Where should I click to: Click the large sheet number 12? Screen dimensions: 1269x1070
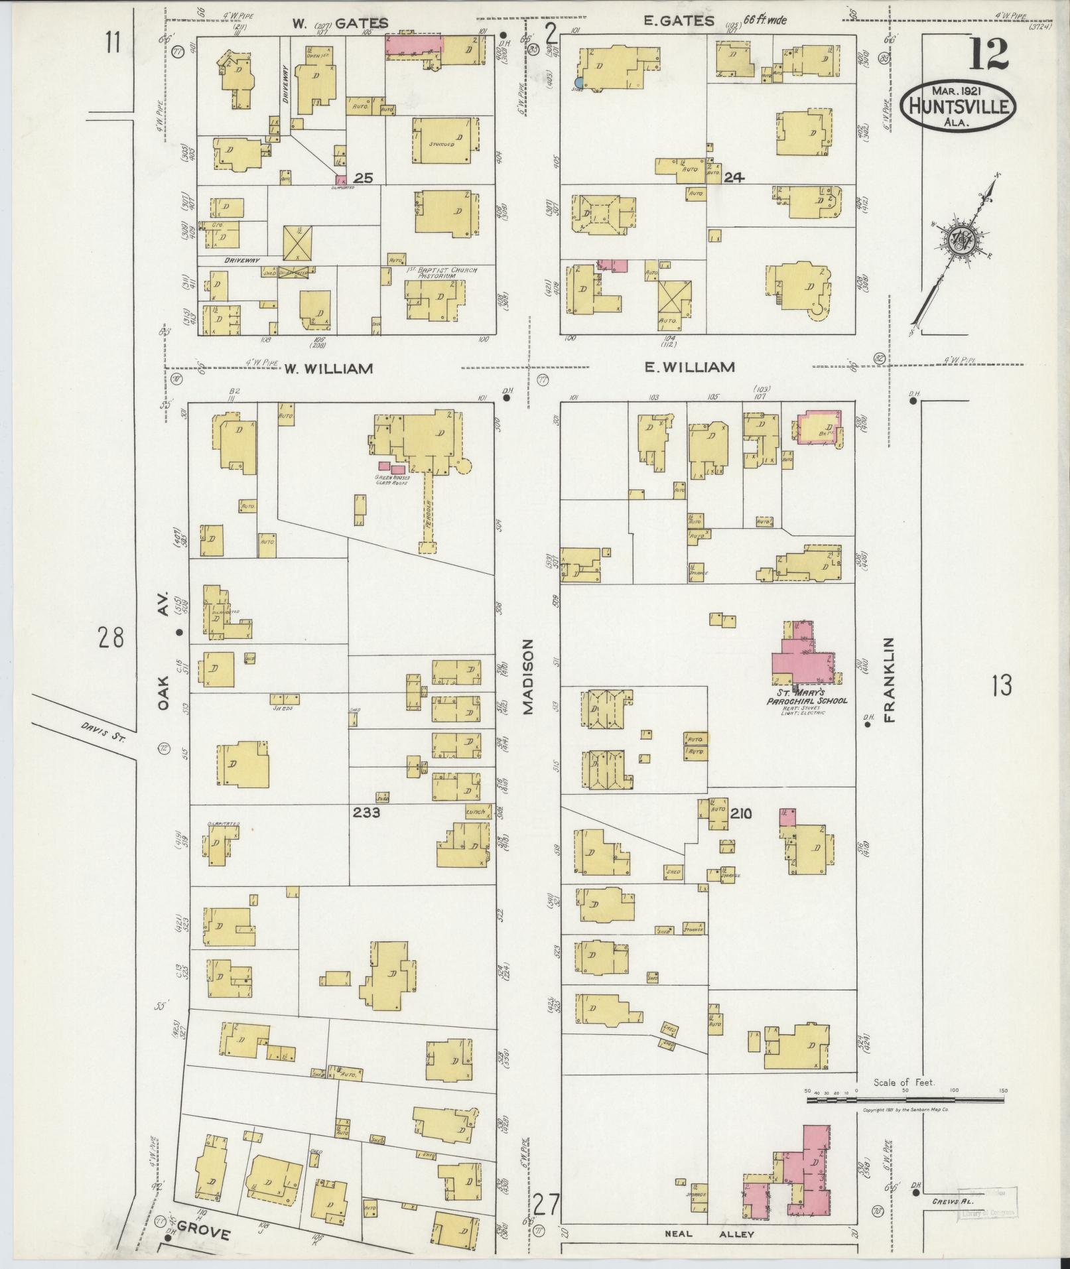[988, 54]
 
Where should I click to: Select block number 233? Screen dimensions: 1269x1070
[366, 811]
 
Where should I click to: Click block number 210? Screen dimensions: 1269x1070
[741, 813]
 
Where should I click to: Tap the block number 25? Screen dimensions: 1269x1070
[363, 178]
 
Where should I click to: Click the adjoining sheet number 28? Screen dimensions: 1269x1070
[111, 638]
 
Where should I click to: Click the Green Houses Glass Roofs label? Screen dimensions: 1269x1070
[393, 479]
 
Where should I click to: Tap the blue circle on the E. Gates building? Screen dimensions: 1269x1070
[579, 82]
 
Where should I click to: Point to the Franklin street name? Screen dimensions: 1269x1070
[890, 680]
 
